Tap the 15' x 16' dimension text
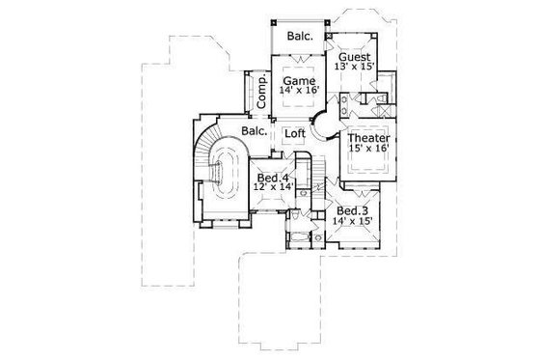click(367, 150)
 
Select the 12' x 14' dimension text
click(273, 190)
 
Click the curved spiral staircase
click(224, 174)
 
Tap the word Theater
click(367, 137)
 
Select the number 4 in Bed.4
click(286, 179)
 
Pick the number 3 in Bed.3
click(367, 209)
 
